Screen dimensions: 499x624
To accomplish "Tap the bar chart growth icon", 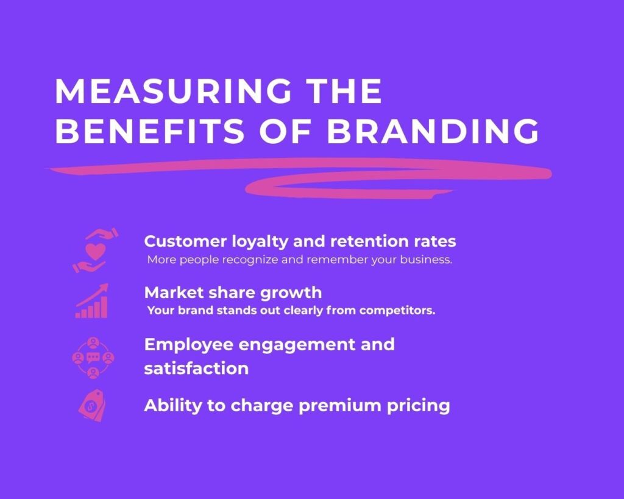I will [x=92, y=301].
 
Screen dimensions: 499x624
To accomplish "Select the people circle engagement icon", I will [x=93, y=358].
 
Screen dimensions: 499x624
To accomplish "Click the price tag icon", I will [x=91, y=405].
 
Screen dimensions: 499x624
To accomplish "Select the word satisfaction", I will [x=196, y=369].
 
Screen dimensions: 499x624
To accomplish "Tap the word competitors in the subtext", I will [x=403, y=311].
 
